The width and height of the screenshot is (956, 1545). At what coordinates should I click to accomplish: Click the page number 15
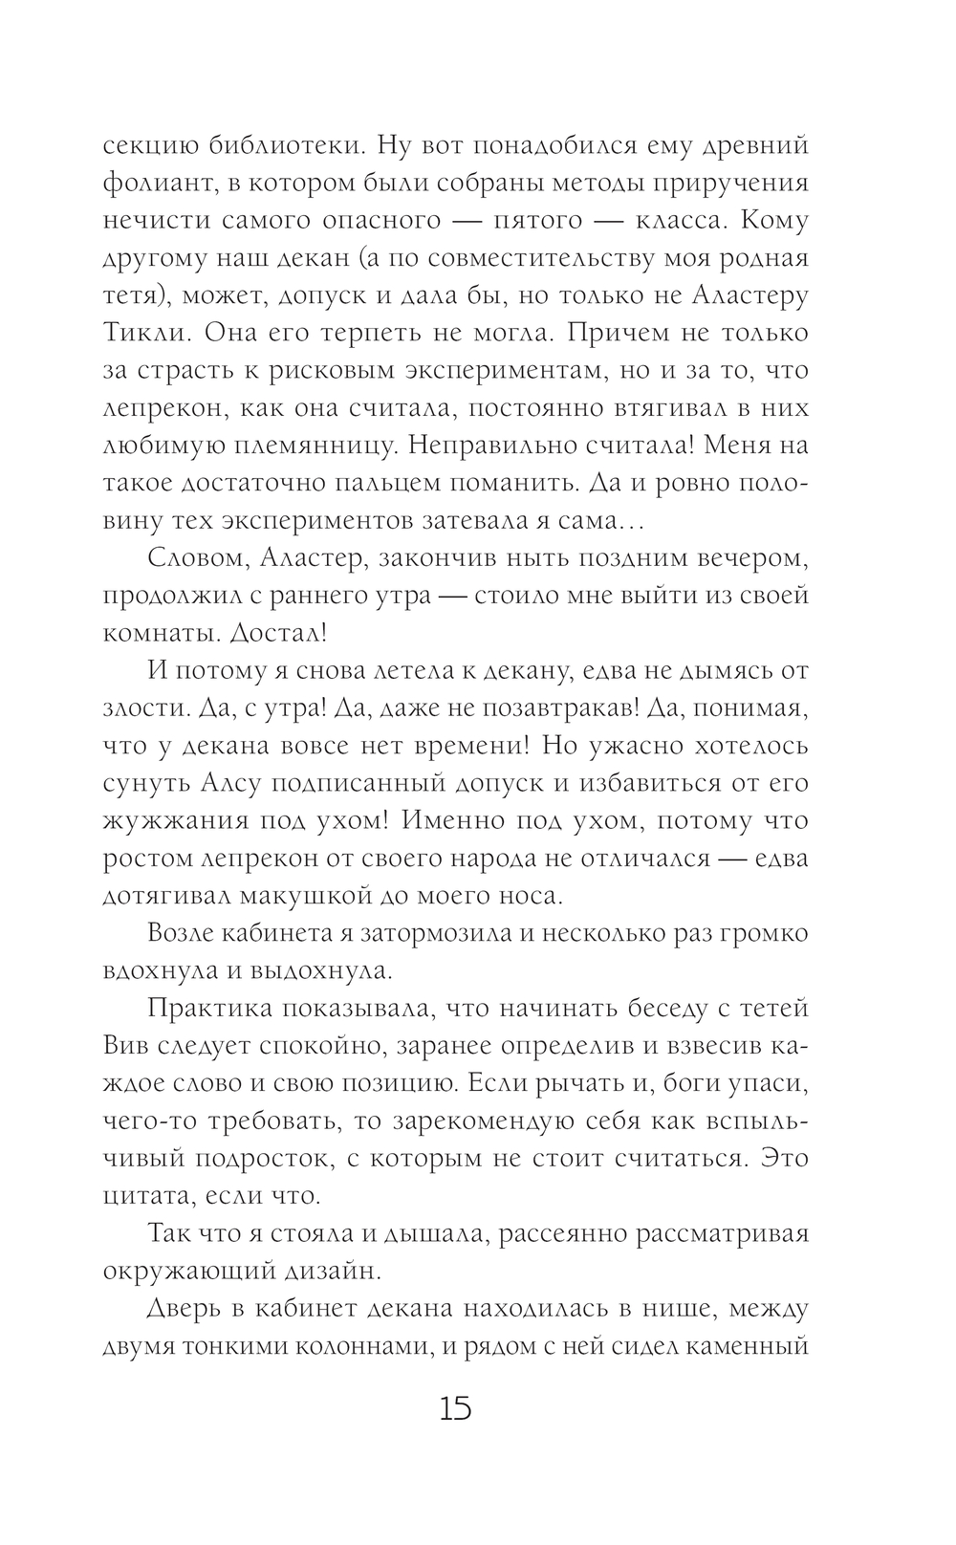[455, 1408]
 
